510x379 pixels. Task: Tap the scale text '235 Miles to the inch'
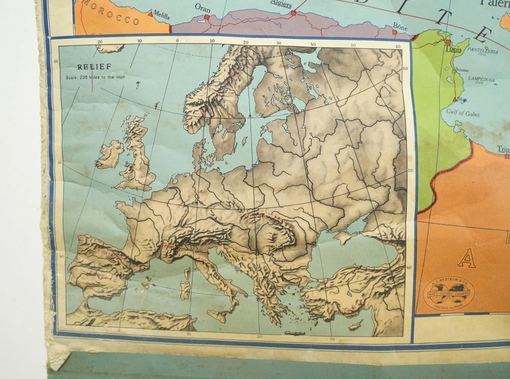(x=96, y=77)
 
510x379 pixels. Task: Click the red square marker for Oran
(x=207, y=16)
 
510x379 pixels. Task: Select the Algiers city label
(x=281, y=4)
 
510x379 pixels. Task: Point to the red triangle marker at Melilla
(x=150, y=14)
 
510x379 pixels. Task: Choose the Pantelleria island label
(x=482, y=51)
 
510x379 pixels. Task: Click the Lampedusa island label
(x=481, y=79)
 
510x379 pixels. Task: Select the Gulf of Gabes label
(x=463, y=113)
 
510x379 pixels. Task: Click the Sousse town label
(x=462, y=70)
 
